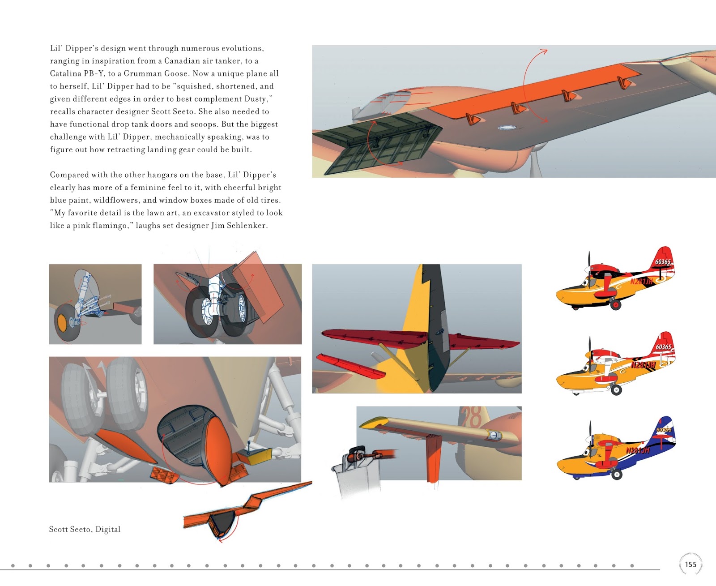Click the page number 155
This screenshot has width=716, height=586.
pyautogui.click(x=690, y=565)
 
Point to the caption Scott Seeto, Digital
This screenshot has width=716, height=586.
pyautogui.click(x=85, y=529)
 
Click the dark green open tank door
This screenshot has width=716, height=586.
pyautogui.click(x=376, y=143)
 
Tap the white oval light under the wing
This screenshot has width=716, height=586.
pyautogui.click(x=506, y=128)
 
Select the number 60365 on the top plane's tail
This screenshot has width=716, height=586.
pyautogui.click(x=663, y=262)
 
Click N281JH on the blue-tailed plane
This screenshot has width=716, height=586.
pyautogui.click(x=637, y=450)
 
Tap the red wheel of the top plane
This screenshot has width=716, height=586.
pyautogui.click(x=616, y=305)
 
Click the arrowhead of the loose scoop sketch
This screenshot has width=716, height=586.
pyautogui.click(x=220, y=539)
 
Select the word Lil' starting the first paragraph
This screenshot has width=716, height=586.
pyautogui.click(x=56, y=48)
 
